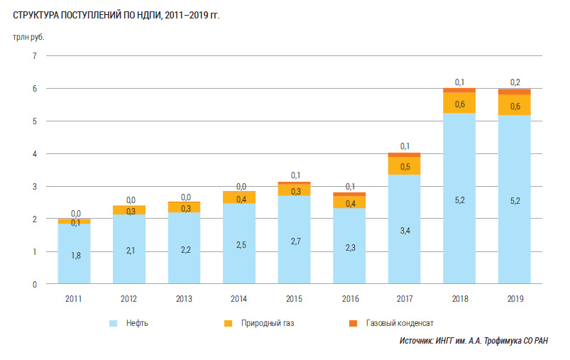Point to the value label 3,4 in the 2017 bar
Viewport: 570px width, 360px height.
tap(404, 230)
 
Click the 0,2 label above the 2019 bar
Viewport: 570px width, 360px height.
tap(515, 82)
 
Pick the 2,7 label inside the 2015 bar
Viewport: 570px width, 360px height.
tap(294, 241)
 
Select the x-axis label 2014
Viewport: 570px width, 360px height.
tap(239, 299)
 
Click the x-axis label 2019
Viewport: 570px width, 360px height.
tap(514, 299)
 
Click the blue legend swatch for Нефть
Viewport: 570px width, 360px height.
tap(114, 324)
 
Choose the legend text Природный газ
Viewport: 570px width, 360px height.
tap(269, 324)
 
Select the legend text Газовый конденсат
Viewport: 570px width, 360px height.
tap(400, 324)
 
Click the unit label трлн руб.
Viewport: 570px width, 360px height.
tap(28, 38)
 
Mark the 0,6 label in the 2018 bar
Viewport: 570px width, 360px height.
tap(459, 104)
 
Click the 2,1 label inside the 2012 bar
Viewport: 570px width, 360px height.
tap(129, 251)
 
